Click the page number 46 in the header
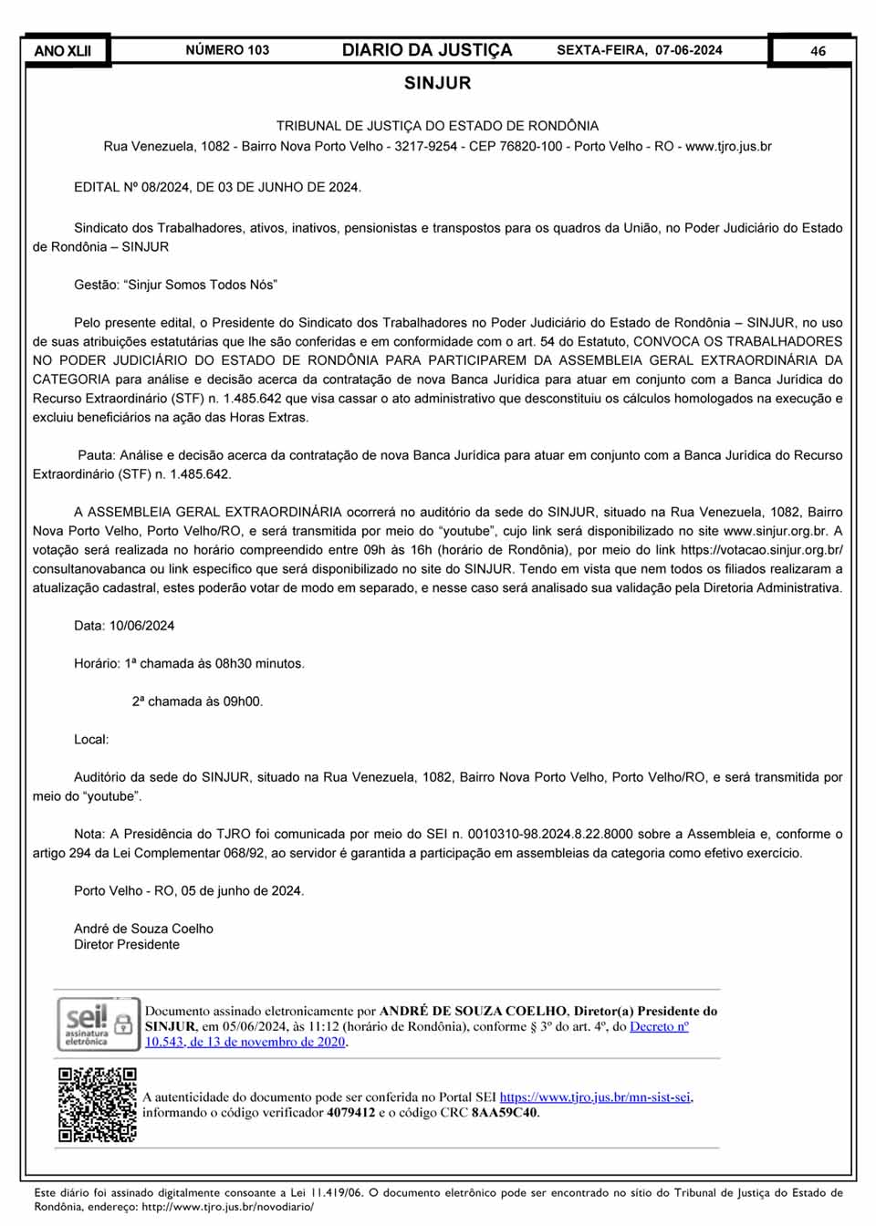(818, 51)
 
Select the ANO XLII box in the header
(63, 51)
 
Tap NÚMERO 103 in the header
(227, 50)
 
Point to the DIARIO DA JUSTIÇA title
(427, 50)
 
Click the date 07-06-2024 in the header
(688, 50)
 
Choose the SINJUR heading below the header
(438, 83)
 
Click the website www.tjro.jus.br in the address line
(728, 146)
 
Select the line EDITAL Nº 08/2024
(217, 187)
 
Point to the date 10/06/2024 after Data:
(141, 626)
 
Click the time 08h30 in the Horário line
(235, 663)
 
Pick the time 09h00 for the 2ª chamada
(243, 701)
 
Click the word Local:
(91, 739)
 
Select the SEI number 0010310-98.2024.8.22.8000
(550, 834)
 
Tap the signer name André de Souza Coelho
(143, 929)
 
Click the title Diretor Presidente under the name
(127, 944)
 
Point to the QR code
(98, 1105)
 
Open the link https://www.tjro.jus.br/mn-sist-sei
(595, 1097)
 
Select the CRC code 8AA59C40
(504, 1113)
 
